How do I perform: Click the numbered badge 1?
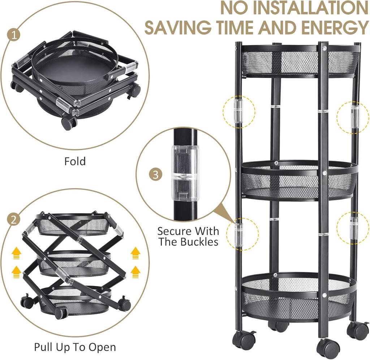(14, 35)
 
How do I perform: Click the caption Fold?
(75, 161)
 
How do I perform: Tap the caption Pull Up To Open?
(75, 347)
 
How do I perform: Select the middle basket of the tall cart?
(299, 181)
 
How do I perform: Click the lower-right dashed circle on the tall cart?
(353, 227)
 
